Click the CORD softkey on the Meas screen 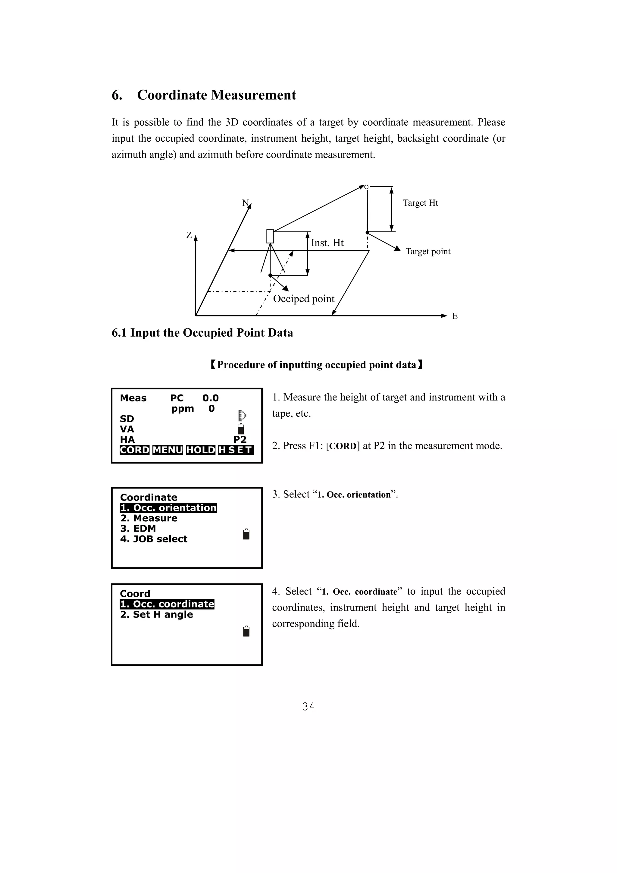pyautogui.click(x=135, y=450)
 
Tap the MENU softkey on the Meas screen pyautogui.click(x=168, y=450)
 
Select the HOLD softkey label pyautogui.click(x=201, y=450)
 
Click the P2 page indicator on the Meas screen pyautogui.click(x=240, y=440)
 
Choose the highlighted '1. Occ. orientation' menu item pyautogui.click(x=168, y=508)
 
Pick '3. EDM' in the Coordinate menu pyautogui.click(x=138, y=529)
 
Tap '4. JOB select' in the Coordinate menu pyautogui.click(x=154, y=539)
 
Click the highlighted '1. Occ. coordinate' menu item pyautogui.click(x=167, y=604)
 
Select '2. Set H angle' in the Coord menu pyautogui.click(x=157, y=614)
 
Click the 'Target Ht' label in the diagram pyautogui.click(x=421, y=203)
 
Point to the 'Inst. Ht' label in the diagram pyautogui.click(x=327, y=243)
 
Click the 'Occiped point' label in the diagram pyautogui.click(x=304, y=299)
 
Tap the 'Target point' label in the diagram pyautogui.click(x=428, y=251)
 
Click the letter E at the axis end pyautogui.click(x=455, y=316)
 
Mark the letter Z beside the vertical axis pyautogui.click(x=189, y=235)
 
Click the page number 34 pyautogui.click(x=308, y=707)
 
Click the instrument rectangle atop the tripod pyautogui.click(x=270, y=236)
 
